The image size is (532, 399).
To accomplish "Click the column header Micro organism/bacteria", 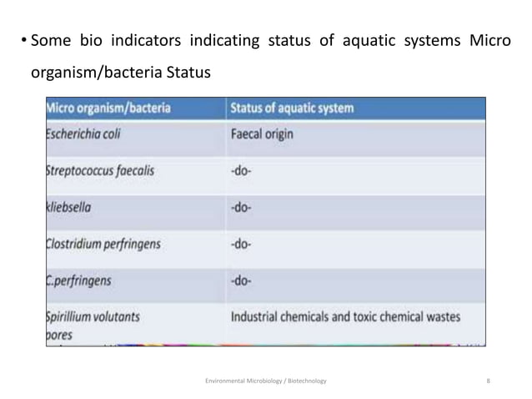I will pos(108,108).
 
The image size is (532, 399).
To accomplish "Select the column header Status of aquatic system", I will pos(291,108).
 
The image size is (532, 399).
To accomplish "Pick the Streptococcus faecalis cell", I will pos(100,170).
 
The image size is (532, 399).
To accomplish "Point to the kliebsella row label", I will pos(72,207).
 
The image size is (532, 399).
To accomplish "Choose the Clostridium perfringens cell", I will pos(103,245).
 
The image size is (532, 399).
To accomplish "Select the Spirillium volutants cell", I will pos(93,317).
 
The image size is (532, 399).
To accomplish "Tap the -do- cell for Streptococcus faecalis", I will pos(242,170).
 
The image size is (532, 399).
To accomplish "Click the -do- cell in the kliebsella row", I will pos(242,207).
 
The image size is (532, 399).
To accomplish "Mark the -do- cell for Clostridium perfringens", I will pos(242,245).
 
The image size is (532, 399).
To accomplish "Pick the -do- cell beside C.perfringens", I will pos(242,281).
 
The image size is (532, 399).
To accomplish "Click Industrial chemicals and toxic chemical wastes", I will pos(344,317).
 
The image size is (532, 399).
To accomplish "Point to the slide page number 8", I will pos(487,381).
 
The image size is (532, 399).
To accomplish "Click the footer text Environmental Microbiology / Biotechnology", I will pos(266,381).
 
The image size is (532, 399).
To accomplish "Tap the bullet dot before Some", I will pos(22,43).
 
